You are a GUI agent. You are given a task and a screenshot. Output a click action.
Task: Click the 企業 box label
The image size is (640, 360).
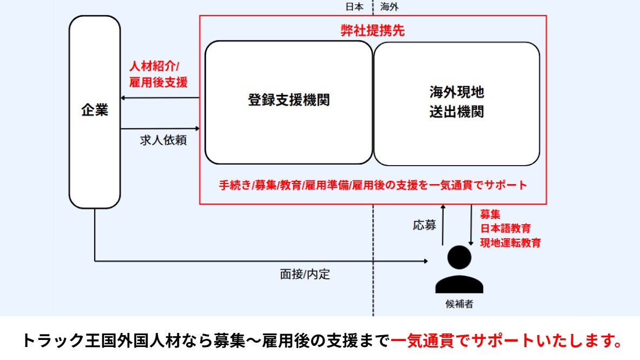[x=95, y=111]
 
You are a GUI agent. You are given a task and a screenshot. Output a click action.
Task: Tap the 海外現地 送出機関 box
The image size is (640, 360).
[x=456, y=103]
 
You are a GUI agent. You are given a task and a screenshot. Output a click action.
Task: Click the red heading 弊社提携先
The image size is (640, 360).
[x=373, y=31]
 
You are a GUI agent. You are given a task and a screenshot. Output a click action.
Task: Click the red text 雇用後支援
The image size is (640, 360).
[x=158, y=83]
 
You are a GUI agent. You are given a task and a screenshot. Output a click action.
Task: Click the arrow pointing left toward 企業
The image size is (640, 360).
[x=160, y=98]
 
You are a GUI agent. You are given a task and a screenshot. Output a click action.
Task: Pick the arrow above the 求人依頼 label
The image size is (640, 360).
[x=160, y=129]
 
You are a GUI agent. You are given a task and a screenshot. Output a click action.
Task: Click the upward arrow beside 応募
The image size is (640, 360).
[x=443, y=225]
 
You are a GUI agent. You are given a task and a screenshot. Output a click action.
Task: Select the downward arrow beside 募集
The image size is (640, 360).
[x=471, y=225]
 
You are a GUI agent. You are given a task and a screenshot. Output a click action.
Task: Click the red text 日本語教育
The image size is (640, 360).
[x=506, y=228]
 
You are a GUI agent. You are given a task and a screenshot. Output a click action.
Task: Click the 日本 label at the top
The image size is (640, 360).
[x=354, y=7]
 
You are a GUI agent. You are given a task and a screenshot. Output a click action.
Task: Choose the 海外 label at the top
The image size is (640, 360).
[x=390, y=7]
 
